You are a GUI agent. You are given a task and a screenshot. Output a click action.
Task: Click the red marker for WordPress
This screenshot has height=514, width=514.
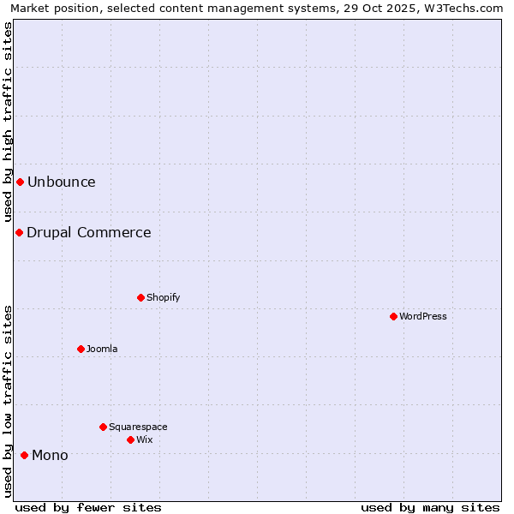[393, 316]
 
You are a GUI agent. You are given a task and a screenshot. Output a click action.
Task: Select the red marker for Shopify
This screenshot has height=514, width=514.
[140, 297]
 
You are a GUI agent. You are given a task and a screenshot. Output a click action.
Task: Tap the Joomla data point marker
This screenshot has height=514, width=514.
[81, 349]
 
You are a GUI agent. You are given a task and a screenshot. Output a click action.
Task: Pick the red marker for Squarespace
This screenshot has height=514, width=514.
[103, 427]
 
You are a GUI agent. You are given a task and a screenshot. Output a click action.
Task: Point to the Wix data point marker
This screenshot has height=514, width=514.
[130, 439]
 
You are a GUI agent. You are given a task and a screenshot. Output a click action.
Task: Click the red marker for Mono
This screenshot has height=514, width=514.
[24, 455]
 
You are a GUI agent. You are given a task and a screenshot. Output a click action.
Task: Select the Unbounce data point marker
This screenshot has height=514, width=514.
[20, 182]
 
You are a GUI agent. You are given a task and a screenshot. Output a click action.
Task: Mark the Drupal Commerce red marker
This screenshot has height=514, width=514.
[19, 232]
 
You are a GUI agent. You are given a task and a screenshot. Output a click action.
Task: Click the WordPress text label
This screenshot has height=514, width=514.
[423, 316]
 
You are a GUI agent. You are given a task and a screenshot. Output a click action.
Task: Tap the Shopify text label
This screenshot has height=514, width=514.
[163, 297]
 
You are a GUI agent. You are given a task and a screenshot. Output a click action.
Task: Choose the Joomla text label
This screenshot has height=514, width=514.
[102, 349]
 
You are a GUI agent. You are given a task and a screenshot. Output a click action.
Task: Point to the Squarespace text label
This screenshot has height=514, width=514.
[138, 427]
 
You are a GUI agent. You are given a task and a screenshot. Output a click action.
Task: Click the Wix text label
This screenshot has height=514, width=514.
[145, 439]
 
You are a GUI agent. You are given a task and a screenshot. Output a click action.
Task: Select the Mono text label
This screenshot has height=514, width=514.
[50, 455]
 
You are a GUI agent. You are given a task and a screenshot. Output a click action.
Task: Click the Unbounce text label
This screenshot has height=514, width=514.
[62, 182]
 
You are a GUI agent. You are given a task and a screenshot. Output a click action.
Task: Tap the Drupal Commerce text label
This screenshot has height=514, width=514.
[89, 232]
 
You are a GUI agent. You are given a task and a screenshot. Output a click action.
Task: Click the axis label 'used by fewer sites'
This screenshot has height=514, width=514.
[88, 507]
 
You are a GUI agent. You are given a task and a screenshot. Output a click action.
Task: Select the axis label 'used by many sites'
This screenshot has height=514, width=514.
[430, 507]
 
